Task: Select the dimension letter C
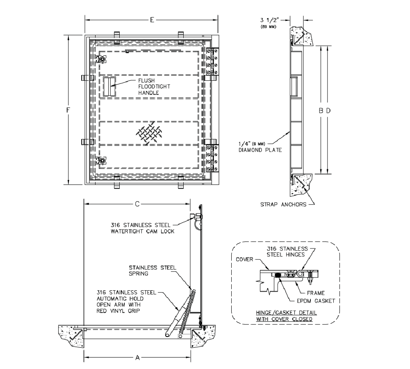coord(138,203)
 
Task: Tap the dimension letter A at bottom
coord(138,358)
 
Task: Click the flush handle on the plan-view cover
coord(109,87)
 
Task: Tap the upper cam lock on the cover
coord(101,60)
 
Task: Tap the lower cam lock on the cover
coord(101,160)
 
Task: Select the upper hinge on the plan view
coord(212,62)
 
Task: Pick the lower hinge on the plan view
coord(212,156)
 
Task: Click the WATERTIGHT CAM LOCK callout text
coord(142,228)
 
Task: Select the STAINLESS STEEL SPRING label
coord(152,271)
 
